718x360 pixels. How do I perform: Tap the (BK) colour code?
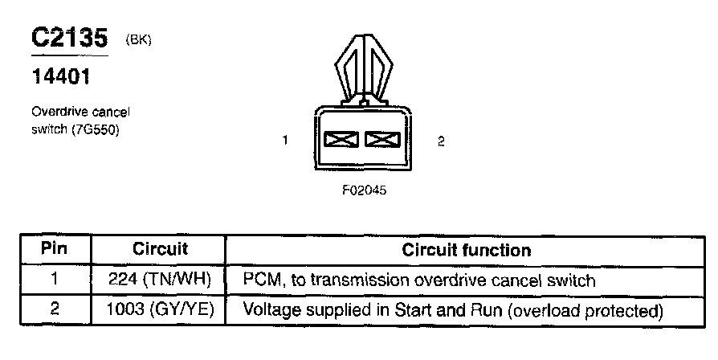click(138, 39)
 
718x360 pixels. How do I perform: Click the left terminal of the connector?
click(341, 141)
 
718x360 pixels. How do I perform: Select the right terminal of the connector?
click(381, 141)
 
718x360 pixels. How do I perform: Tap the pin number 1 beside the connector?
click(286, 141)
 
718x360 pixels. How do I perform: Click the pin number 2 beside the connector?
click(441, 141)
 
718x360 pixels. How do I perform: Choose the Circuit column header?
click(160, 249)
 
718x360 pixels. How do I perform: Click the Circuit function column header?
click(466, 249)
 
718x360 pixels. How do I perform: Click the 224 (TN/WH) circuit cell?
click(160, 280)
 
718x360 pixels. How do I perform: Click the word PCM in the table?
click(260, 280)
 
